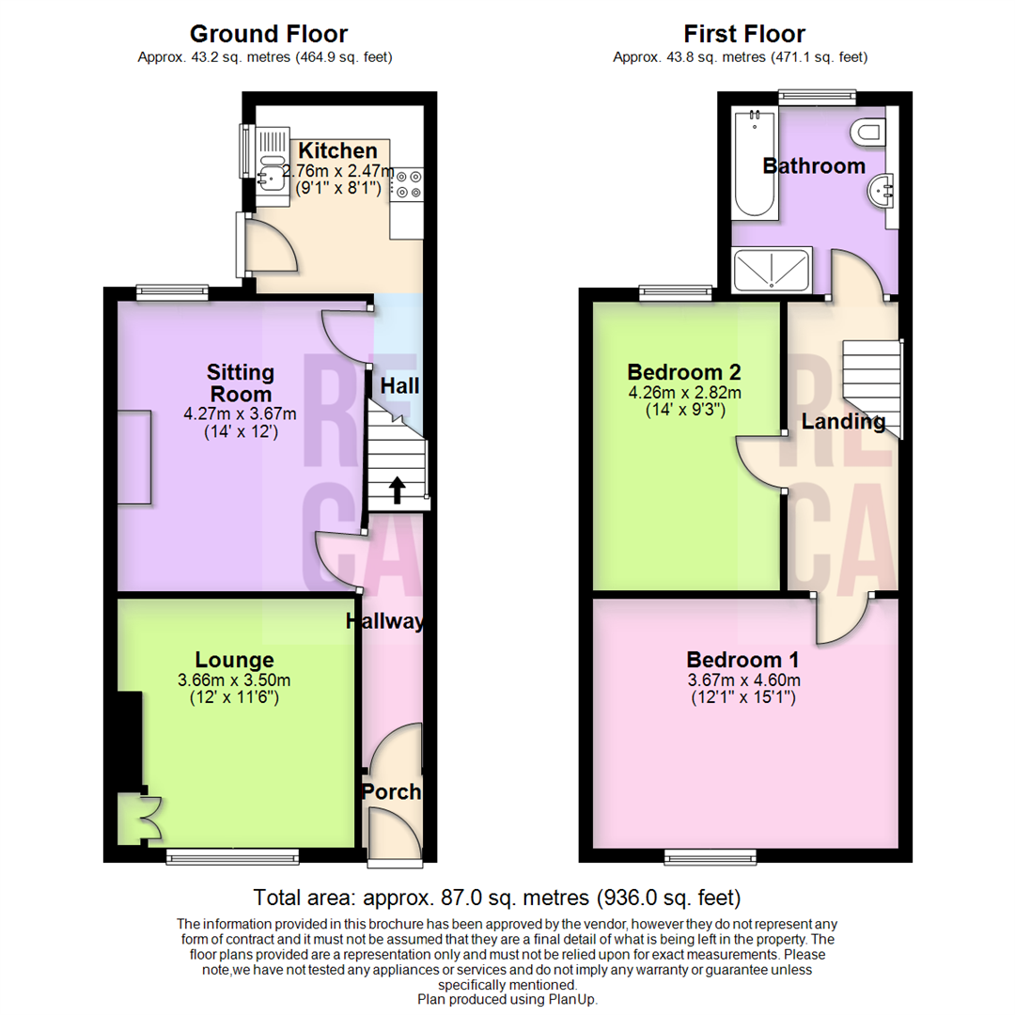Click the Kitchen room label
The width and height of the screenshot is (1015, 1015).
click(x=337, y=150)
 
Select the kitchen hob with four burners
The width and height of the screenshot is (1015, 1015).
click(x=410, y=184)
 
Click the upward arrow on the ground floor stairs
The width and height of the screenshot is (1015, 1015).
click(x=397, y=488)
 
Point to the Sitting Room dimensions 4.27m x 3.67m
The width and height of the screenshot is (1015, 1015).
click(x=239, y=414)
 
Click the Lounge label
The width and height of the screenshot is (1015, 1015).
click(x=234, y=660)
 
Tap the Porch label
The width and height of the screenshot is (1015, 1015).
click(x=392, y=792)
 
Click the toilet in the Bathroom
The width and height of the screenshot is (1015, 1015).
click(x=868, y=131)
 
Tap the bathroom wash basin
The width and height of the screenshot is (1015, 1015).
click(x=882, y=191)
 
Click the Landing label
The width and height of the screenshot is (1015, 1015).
click(x=843, y=422)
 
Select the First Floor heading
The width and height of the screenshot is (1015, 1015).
click(x=743, y=35)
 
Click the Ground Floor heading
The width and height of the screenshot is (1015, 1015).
click(x=269, y=35)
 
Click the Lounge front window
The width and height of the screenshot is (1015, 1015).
click(x=232, y=855)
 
